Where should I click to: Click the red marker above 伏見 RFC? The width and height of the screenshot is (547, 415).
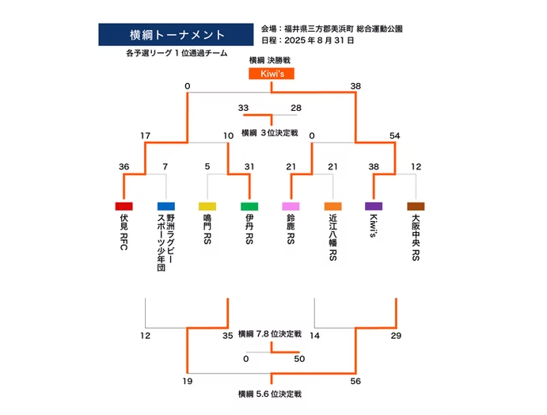click(124, 206)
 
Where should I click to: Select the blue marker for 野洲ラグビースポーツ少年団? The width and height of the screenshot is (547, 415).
click(165, 206)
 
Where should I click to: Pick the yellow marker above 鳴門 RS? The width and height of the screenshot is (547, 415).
click(207, 206)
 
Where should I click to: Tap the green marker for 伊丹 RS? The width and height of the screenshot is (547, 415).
click(249, 206)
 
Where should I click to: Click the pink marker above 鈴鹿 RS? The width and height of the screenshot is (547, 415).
click(291, 206)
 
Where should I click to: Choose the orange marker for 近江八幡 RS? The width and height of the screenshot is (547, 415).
click(332, 206)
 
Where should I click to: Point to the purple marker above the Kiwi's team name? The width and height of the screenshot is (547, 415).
click(374, 206)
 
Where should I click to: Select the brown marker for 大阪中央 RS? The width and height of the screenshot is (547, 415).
click(416, 206)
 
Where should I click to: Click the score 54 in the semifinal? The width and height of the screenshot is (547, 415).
click(395, 136)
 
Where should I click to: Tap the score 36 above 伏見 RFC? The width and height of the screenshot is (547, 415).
click(124, 166)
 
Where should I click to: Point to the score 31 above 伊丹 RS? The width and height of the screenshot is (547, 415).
click(249, 166)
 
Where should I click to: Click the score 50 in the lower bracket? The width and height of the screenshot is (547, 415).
click(298, 359)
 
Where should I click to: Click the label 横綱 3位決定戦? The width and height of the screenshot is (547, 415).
click(270, 132)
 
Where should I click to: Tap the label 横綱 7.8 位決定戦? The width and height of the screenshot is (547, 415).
click(270, 334)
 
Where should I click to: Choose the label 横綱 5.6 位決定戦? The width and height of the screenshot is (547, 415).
click(270, 394)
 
